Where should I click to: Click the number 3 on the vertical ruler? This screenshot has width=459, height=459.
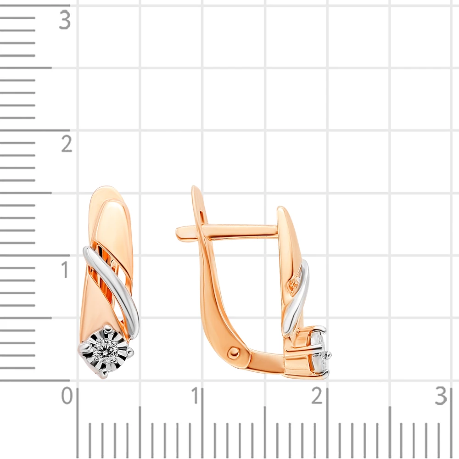(65, 20)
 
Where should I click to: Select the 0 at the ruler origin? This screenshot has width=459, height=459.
(67, 396)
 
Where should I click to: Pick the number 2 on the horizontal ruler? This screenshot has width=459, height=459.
(317, 396)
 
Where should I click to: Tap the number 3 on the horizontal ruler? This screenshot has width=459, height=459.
(441, 396)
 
